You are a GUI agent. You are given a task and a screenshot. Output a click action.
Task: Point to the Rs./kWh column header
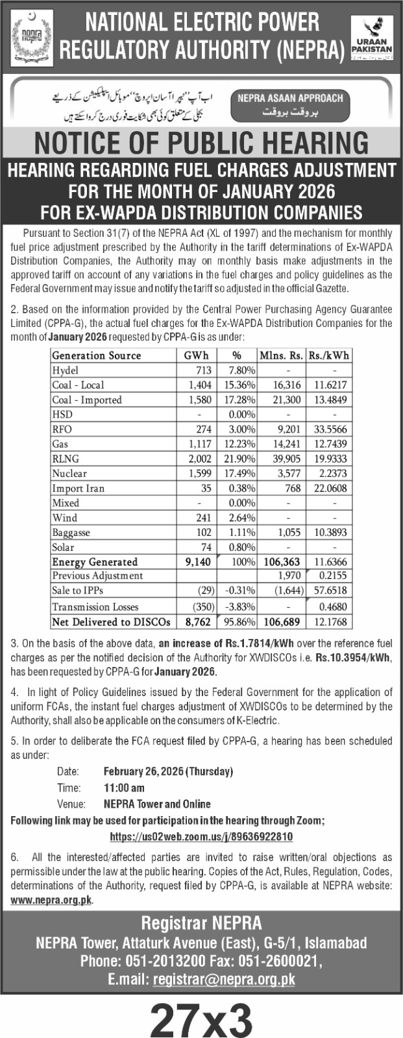(x=331, y=356)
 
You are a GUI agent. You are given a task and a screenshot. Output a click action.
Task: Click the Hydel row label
(x=66, y=370)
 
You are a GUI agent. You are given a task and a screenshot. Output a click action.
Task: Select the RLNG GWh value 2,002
(x=199, y=459)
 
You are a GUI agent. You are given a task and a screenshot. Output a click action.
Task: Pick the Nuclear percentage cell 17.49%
(x=239, y=474)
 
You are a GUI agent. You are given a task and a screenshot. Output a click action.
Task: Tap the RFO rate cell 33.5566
(x=331, y=429)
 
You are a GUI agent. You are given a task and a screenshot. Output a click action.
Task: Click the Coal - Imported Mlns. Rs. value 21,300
(x=286, y=400)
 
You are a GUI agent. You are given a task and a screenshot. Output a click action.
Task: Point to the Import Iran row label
(x=78, y=489)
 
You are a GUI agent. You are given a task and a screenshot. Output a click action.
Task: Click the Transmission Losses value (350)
(x=201, y=607)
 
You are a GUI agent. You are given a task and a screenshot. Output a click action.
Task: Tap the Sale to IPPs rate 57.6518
(x=330, y=591)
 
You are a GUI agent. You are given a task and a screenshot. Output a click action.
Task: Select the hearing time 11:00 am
(x=124, y=788)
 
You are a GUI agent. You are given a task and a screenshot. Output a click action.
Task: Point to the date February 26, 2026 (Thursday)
(x=168, y=771)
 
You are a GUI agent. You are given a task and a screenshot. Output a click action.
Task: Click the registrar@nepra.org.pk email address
(x=224, y=980)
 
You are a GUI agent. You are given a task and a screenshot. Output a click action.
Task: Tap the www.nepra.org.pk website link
(x=51, y=900)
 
